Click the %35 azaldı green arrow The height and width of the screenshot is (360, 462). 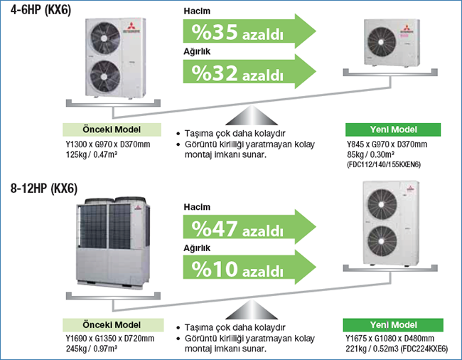pyautogui.click(x=249, y=31)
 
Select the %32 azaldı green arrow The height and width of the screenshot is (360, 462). pyautogui.click(x=249, y=72)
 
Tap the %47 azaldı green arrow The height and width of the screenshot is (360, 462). pyautogui.click(x=249, y=227)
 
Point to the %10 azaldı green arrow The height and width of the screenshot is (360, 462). pyautogui.click(x=249, y=268)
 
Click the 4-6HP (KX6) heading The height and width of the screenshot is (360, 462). pyautogui.click(x=41, y=9)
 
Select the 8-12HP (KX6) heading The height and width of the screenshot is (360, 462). pyautogui.click(x=44, y=188)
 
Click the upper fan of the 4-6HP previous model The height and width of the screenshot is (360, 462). pyautogui.click(x=105, y=38)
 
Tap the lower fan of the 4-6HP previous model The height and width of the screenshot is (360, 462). pyautogui.click(x=105, y=76)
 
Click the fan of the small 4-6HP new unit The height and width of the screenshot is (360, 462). pyautogui.click(x=382, y=42)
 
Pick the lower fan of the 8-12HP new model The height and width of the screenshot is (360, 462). pyautogui.click(x=382, y=240)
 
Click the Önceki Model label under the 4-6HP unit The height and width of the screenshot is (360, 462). pyautogui.click(x=112, y=129)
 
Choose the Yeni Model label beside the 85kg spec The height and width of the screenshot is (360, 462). pyautogui.click(x=393, y=129)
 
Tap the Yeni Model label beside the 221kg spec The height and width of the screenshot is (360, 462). pyautogui.click(x=393, y=325)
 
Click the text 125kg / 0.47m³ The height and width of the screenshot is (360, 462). pyautogui.click(x=92, y=154)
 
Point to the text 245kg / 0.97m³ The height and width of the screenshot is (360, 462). pyautogui.click(x=92, y=349)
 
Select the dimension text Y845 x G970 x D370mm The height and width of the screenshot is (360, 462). pyautogui.click(x=387, y=144)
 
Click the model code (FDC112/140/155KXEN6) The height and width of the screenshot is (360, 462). pyautogui.click(x=384, y=164)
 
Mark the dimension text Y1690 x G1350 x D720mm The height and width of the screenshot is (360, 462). pyautogui.click(x=110, y=338)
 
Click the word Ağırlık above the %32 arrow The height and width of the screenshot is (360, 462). pyautogui.click(x=197, y=51)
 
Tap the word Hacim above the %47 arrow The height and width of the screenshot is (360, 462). pyautogui.click(x=197, y=207)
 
